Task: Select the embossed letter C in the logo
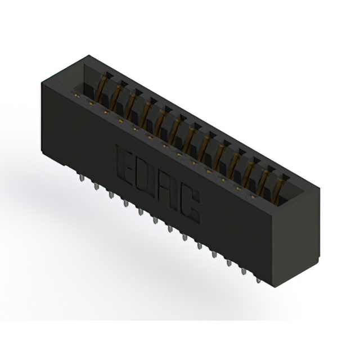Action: click(x=190, y=206)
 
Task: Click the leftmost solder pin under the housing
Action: click(x=82, y=178)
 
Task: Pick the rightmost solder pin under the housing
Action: click(x=258, y=281)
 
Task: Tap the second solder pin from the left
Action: click(x=96, y=186)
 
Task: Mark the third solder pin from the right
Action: click(x=229, y=263)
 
